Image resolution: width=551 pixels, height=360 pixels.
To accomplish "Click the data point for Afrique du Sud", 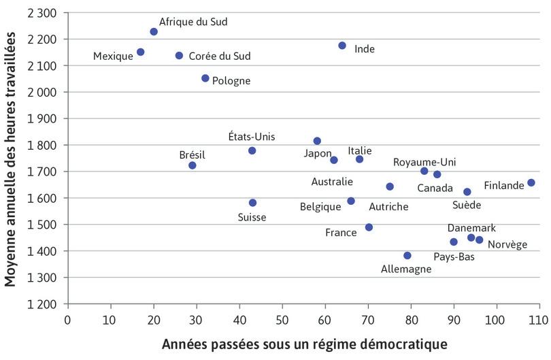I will coord(154,32).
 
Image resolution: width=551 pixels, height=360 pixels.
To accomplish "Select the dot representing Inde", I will coord(342,46).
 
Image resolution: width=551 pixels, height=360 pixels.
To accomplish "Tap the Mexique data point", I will coord(141,52).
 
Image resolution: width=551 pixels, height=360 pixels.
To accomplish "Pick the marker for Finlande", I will coord(531,182).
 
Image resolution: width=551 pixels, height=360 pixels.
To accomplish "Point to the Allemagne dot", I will coord(407,256).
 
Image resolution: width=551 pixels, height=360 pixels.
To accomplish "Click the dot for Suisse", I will coord(252,203).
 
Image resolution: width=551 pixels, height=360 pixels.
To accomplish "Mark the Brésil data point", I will coord(193,165).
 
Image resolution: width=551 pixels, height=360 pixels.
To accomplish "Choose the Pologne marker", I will coord(205,78).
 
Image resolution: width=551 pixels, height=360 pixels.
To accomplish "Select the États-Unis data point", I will coord(252,150).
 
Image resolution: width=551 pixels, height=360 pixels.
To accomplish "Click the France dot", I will coord(369,227).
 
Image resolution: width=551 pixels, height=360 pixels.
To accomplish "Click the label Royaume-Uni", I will coord(424,162).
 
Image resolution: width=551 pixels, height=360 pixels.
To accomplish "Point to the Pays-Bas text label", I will coord(454,257).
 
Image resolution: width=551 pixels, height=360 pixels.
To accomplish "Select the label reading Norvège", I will coord(507,244).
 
